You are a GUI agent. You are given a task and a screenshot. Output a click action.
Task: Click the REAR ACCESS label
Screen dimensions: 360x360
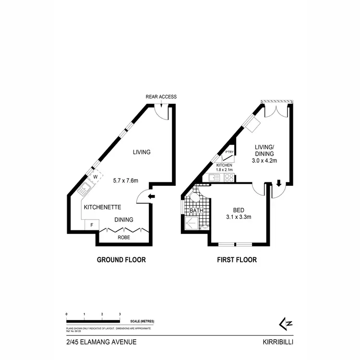pyautogui.click(x=161, y=96)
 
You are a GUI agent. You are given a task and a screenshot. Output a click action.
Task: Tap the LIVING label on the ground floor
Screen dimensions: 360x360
pyautogui.click(x=142, y=152)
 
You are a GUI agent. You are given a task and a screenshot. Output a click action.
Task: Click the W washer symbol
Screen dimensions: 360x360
pyautogui.click(x=95, y=177)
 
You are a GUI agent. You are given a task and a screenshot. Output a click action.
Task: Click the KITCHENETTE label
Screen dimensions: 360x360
pyautogui.click(x=102, y=207)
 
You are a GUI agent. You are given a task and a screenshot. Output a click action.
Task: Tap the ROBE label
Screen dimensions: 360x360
pyautogui.click(x=123, y=237)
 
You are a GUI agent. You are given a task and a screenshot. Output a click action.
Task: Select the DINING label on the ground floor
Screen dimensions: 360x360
pyautogui.click(x=123, y=220)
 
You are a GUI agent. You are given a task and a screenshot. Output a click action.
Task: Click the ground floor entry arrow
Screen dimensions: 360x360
pyautogui.click(x=151, y=196)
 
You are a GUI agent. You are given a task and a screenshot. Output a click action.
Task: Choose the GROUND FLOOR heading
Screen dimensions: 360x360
pyautogui.click(x=121, y=260)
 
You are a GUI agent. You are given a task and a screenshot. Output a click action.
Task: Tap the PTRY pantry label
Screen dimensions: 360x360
pyautogui.click(x=229, y=153)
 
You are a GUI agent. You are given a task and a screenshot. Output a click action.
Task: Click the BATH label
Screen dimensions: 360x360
pyautogui.click(x=196, y=211)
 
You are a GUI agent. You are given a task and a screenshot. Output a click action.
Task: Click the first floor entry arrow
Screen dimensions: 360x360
pyautogui.click(x=278, y=183)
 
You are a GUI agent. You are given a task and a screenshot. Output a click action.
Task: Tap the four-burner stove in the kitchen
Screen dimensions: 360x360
pyautogui.click(x=229, y=178)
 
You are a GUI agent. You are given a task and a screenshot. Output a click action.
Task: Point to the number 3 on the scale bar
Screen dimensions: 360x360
pyautogui.click(x=120, y=313)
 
